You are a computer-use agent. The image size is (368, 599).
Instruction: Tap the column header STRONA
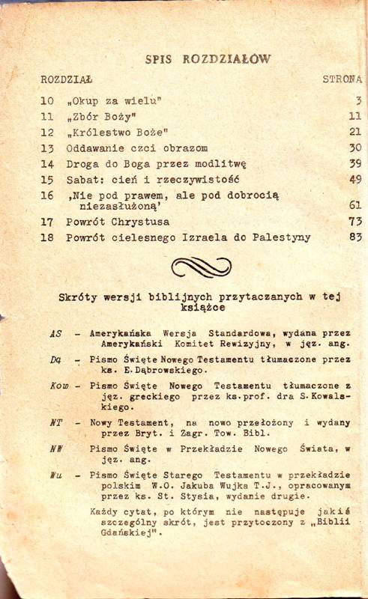[x=342, y=78]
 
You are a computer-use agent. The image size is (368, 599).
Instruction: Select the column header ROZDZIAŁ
[x=67, y=78]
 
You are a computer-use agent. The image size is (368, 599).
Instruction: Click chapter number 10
[x=47, y=100]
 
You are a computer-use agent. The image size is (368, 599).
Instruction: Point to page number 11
[x=355, y=116]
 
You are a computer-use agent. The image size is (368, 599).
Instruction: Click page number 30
[x=355, y=148]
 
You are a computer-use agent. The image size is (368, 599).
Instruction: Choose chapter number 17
[x=47, y=222]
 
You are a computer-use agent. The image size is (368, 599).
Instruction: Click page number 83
[x=355, y=237]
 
